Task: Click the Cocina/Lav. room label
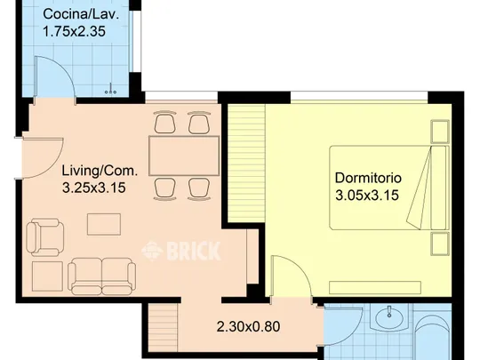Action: coord(81,15)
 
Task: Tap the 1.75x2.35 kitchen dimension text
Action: coord(74,31)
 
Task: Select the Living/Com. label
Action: coord(100,171)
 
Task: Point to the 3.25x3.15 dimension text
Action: coord(94,188)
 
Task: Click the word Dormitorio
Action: coord(368,178)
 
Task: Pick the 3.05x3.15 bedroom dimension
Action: coord(367,195)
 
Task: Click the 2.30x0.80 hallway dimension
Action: coord(248,326)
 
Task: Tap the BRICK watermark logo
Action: coord(181,251)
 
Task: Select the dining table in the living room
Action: coord(184,156)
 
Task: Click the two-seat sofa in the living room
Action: coord(102,276)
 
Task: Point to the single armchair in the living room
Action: coord(45,237)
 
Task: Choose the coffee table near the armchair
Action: coord(104,224)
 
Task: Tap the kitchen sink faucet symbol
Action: coord(110,89)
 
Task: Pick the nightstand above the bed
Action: coord(440,132)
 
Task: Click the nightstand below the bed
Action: coord(440,244)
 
